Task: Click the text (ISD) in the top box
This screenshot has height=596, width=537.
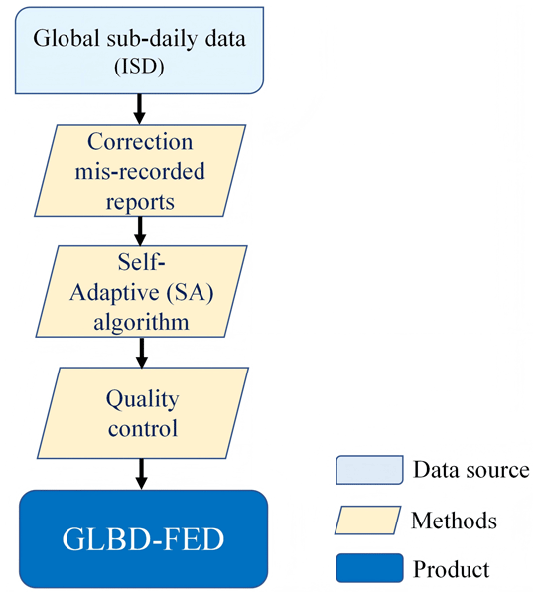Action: click(139, 67)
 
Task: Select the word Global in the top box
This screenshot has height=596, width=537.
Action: click(67, 39)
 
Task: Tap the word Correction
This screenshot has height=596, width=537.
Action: click(140, 142)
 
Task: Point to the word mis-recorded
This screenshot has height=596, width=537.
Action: click(140, 171)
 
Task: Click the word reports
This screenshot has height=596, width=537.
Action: click(140, 201)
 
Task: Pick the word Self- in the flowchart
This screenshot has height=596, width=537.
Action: click(141, 262)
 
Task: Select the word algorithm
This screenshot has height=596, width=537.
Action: click(141, 322)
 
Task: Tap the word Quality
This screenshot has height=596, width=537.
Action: click(142, 400)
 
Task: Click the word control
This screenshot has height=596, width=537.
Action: click(143, 428)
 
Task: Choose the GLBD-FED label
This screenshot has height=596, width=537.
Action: click(143, 539)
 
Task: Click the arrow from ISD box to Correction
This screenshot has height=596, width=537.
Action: click(139, 109)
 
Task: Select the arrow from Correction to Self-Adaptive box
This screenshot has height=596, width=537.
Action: click(140, 230)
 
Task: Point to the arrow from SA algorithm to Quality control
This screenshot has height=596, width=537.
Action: click(142, 353)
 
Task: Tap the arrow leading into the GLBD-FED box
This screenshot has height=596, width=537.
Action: click(142, 474)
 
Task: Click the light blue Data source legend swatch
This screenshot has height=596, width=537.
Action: click(369, 470)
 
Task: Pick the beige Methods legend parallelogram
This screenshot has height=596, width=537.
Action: click(367, 520)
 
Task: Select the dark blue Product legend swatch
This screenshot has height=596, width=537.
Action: click(369, 568)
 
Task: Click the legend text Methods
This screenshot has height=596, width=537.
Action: click(454, 521)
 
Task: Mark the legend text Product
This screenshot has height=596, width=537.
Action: click(452, 569)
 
